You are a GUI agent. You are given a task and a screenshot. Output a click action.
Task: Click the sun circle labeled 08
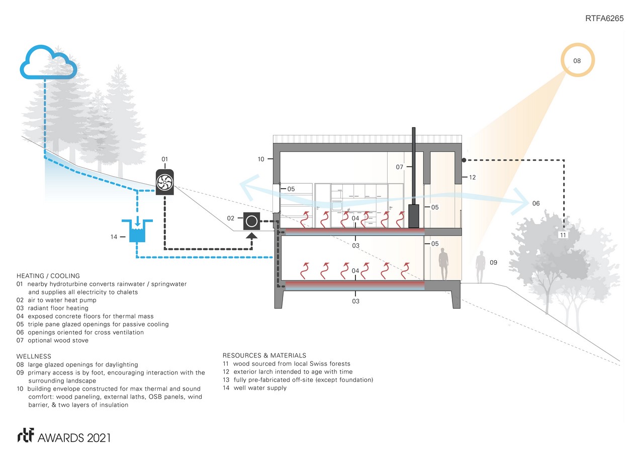(x=577, y=60)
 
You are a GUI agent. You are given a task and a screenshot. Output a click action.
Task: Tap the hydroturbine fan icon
(x=164, y=183)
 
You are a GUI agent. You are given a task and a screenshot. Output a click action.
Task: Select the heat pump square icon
(x=251, y=221)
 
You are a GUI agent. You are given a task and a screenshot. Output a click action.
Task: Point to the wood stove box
(x=414, y=216)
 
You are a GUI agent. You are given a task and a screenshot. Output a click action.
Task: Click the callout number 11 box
(x=563, y=235)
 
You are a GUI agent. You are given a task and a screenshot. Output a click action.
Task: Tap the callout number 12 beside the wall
(x=472, y=177)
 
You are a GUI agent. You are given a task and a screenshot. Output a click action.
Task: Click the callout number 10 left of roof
(x=260, y=159)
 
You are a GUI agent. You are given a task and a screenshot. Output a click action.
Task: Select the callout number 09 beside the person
(x=493, y=263)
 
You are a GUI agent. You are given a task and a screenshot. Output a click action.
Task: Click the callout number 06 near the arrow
(x=536, y=203)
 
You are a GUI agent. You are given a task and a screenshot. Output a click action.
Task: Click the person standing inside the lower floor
(x=443, y=266)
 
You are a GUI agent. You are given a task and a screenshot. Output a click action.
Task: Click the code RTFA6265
(x=604, y=19)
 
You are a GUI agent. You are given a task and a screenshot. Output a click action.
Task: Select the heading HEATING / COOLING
(x=48, y=276)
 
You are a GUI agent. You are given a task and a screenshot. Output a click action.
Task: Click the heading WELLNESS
(x=34, y=356)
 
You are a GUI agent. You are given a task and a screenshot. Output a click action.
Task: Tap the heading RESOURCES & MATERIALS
(x=264, y=355)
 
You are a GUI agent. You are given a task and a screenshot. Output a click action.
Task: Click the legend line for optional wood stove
(x=52, y=340)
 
